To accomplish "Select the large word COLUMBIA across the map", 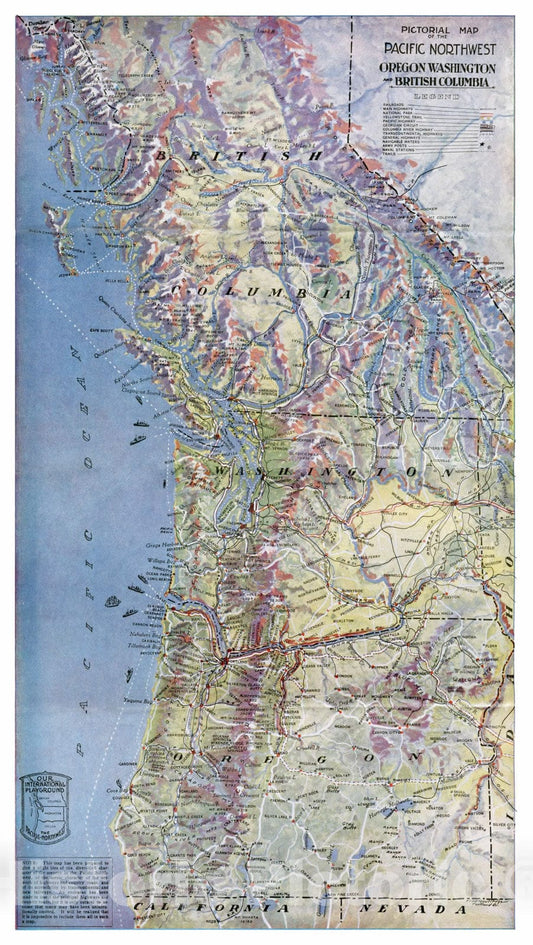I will point(262,292).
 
